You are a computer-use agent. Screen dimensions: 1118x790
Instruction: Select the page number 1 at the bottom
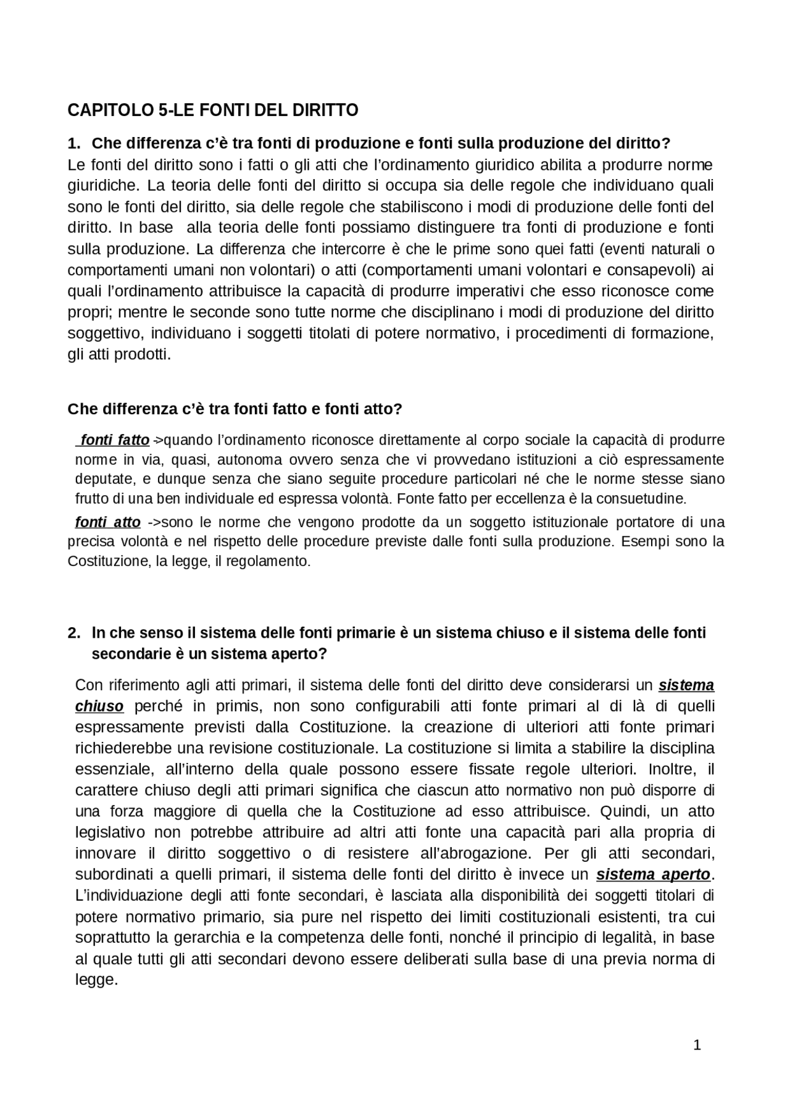(697, 1045)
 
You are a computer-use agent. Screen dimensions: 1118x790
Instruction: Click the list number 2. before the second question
(75, 633)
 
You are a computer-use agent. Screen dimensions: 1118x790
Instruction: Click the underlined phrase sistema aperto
(653, 875)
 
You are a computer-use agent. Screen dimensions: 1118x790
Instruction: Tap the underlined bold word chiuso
(99, 706)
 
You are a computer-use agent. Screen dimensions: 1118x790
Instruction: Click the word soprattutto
(114, 938)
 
